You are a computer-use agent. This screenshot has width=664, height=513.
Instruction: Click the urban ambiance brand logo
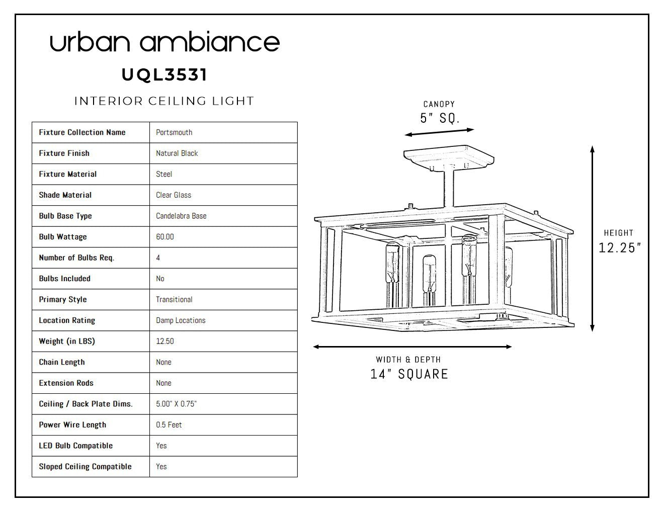click(164, 42)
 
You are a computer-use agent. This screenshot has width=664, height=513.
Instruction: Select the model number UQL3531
click(164, 75)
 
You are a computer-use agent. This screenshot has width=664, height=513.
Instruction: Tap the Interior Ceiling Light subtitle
click(164, 101)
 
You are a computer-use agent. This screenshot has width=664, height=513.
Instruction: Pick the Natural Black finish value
click(177, 153)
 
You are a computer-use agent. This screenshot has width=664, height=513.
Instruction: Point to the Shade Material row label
click(65, 195)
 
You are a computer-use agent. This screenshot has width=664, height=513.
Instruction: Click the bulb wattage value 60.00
click(165, 237)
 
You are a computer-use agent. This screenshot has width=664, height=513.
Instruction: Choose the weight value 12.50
click(165, 341)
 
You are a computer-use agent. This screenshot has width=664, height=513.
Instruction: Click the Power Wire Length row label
click(72, 425)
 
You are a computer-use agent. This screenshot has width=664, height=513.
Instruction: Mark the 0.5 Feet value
click(169, 424)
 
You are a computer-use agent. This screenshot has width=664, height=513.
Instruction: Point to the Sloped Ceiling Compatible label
click(85, 467)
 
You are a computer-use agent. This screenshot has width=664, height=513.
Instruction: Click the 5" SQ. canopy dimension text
click(440, 118)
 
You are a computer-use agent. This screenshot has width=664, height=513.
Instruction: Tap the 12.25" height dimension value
click(619, 248)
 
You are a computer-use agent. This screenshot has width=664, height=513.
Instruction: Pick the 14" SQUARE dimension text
click(409, 374)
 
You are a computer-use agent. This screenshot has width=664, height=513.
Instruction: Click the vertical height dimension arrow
click(592, 238)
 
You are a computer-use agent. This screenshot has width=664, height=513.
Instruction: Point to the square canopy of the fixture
click(449, 157)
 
